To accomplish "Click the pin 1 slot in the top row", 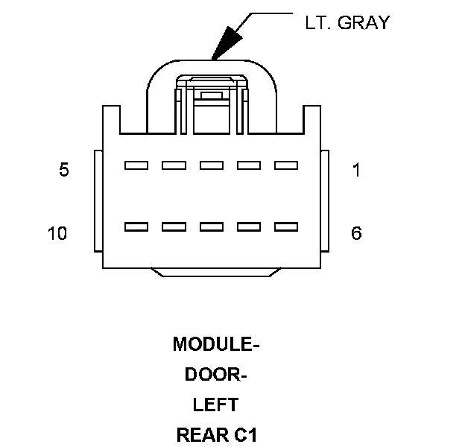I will click(286, 165).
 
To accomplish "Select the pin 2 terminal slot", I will click(249, 165).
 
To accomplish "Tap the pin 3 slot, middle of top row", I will click(212, 165).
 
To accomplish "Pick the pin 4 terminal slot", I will click(174, 165).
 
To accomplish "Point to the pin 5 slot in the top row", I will click(136, 165).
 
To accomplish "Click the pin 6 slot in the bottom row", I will click(286, 226).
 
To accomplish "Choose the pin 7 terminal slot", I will click(249, 226).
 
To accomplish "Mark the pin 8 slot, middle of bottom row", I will click(212, 226).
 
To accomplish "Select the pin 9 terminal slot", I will click(174, 226).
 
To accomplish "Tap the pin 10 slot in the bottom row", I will click(136, 226).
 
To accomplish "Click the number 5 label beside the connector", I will click(64, 171).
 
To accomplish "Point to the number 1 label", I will click(356, 171).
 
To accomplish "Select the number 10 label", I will click(57, 234).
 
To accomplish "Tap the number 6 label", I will click(356, 234).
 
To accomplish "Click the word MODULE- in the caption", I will click(216, 344).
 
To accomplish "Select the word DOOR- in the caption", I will click(216, 375).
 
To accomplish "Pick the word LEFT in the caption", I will click(216, 405).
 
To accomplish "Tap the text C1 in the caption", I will click(245, 435).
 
